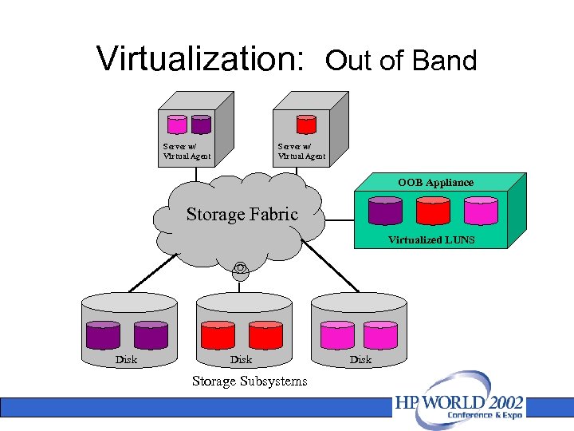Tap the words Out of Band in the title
pyautogui.click(x=401, y=60)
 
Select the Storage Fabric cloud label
pyautogui.click(x=242, y=214)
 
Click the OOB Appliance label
pyautogui.click(x=435, y=183)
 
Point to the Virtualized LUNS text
pyautogui.click(x=431, y=239)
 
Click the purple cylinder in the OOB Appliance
pyautogui.click(x=386, y=211)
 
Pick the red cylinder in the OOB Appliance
pyautogui.click(x=433, y=211)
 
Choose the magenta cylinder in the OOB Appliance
pyautogui.click(x=481, y=211)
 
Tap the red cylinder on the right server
pyautogui.click(x=306, y=125)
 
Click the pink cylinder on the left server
pyautogui.click(x=176, y=125)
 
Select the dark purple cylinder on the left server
pyautogui.click(x=201, y=125)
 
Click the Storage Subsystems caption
pyautogui.click(x=249, y=381)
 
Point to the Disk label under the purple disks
pyautogui.click(x=126, y=359)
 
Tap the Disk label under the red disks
pyautogui.click(x=241, y=359)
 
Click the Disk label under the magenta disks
pyautogui.click(x=360, y=359)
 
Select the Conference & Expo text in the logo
pyautogui.click(x=484, y=416)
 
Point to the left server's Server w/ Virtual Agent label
pyautogui.click(x=187, y=151)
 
